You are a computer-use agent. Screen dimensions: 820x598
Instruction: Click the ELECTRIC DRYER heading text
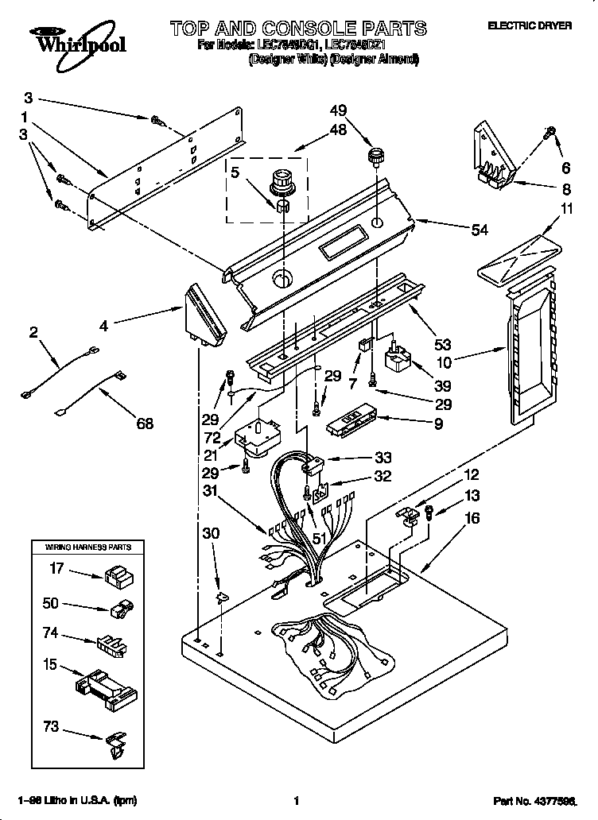tap(529, 26)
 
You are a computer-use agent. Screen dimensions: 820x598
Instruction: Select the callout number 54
tap(480, 230)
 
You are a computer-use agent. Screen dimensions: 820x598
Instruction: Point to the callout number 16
tap(473, 517)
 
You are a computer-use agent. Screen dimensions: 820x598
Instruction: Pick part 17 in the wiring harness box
tap(118, 574)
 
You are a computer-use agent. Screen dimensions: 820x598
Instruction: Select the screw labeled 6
tap(549, 134)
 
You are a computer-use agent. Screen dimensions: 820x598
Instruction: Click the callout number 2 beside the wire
tap(33, 333)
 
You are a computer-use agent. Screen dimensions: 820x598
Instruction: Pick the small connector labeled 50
tap(118, 610)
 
